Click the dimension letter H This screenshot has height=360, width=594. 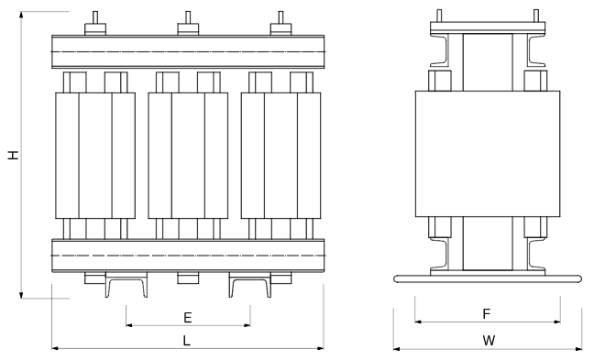(x=14, y=155)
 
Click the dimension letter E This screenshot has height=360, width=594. (x=188, y=318)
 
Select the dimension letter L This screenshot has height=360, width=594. (x=187, y=341)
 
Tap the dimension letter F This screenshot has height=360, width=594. (x=487, y=314)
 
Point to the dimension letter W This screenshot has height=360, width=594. (x=489, y=341)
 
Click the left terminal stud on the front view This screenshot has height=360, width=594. (x=95, y=23)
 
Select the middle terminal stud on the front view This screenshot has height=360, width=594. (x=188, y=23)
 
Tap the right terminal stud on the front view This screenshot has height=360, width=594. (x=280, y=23)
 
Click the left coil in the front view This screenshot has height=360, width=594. (x=95, y=156)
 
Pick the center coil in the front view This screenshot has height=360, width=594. (x=188, y=156)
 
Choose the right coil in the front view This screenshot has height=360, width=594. (x=281, y=156)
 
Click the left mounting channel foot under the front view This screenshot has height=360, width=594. (x=126, y=285)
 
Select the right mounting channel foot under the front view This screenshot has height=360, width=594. (x=250, y=285)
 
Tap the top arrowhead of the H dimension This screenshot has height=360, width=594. (x=22, y=15)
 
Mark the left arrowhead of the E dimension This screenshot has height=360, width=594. (x=129, y=325)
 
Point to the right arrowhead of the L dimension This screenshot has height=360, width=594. (x=321, y=347)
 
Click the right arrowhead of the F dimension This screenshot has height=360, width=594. (x=557, y=322)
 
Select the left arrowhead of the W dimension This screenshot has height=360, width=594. (x=397, y=348)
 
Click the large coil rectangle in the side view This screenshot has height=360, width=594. (x=488, y=154)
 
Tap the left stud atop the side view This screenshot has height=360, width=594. (x=439, y=16)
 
